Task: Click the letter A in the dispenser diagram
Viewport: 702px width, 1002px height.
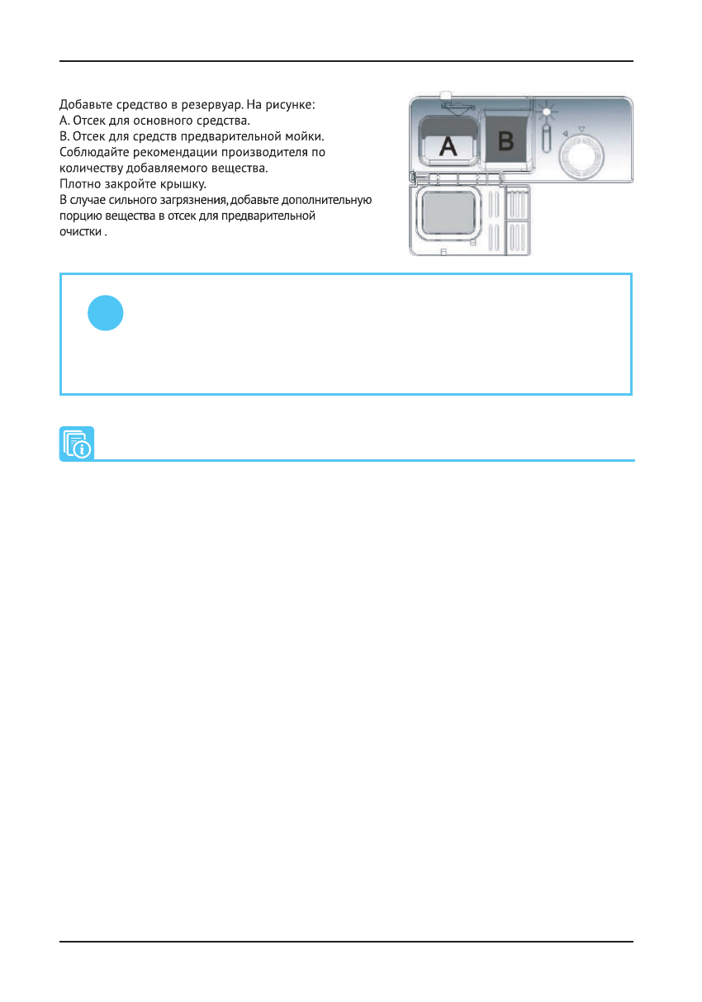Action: click(x=447, y=146)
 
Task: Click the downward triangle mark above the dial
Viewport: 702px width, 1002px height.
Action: click(x=581, y=128)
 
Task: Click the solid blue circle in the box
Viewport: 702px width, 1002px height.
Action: click(x=106, y=314)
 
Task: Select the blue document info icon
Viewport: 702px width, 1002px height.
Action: click(x=77, y=444)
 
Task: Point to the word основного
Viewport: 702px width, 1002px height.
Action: click(x=162, y=120)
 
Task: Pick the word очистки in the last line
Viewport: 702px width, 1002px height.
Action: click(x=81, y=232)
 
